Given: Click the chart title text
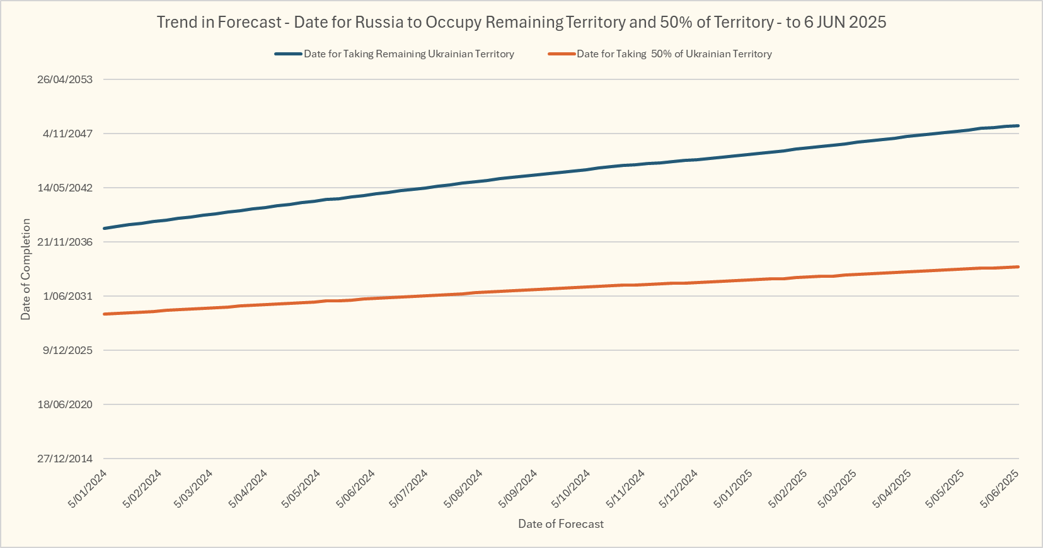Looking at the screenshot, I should [521, 23].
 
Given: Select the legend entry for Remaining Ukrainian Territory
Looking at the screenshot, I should [408, 54].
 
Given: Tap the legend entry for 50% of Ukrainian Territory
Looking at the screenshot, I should [674, 54].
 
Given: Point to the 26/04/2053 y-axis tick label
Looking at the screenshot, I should [65, 79].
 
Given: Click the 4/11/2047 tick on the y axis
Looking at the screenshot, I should [67, 134].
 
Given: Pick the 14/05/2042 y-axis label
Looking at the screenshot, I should [65, 188].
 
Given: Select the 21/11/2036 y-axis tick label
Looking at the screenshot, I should [65, 242].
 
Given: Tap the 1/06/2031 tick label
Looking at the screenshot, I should [67, 296].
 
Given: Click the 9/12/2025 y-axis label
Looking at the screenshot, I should [67, 350].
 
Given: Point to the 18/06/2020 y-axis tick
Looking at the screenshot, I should [65, 404].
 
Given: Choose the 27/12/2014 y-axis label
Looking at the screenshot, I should [65, 459].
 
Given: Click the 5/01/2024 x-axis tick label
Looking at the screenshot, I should [88, 488].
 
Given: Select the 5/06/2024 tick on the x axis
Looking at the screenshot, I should [356, 488].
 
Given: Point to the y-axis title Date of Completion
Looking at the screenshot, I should [26, 269].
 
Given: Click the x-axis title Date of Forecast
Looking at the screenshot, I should [561, 524].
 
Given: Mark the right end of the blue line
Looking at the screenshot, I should [1018, 126].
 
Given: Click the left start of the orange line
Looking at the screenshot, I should [104, 314].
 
